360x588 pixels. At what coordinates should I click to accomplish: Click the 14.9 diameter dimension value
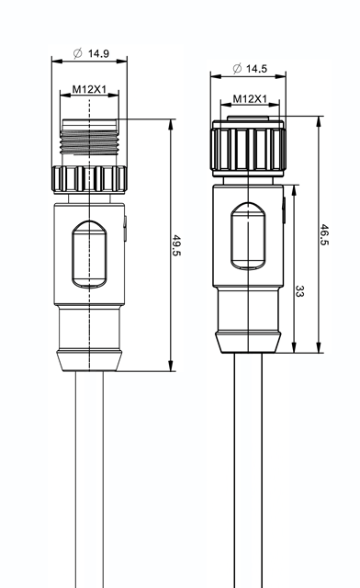(x=98, y=53)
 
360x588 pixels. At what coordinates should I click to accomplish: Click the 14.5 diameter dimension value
(x=256, y=69)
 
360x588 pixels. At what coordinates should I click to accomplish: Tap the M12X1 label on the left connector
(x=89, y=89)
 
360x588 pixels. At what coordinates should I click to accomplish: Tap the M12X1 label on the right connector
(x=250, y=98)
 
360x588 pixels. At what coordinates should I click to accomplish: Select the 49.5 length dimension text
(x=176, y=245)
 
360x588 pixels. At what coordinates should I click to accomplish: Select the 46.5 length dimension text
(x=324, y=235)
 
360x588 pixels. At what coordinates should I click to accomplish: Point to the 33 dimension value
(x=299, y=291)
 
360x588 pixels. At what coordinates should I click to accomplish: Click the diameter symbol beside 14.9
(x=78, y=53)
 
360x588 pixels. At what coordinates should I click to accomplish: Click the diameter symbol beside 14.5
(x=237, y=69)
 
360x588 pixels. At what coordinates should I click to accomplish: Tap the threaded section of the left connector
(x=89, y=141)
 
